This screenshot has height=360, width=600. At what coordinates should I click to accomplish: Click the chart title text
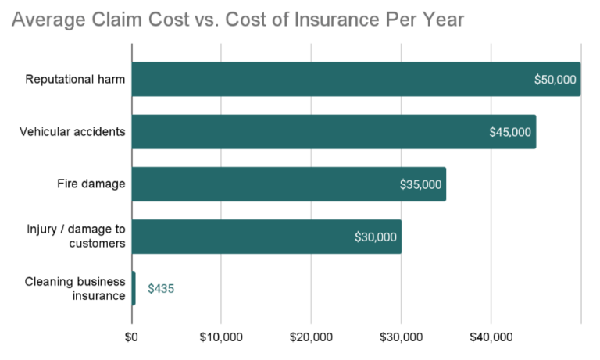pyautogui.click(x=237, y=20)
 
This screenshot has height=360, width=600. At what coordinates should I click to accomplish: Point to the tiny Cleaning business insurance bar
pyautogui.click(x=134, y=288)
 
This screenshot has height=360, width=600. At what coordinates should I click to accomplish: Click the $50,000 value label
pyautogui.click(x=555, y=80)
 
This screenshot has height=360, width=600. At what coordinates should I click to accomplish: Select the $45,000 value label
pyautogui.click(x=510, y=132)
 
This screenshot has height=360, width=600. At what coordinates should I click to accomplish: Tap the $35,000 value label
pyautogui.click(x=420, y=185)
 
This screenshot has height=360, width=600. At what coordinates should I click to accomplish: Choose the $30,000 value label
pyautogui.click(x=376, y=237)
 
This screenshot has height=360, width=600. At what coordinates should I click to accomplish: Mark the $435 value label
pyautogui.click(x=161, y=289)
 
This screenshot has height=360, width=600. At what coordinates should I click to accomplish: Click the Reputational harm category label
pyautogui.click(x=75, y=79)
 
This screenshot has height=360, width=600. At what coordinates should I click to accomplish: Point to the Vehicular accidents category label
pyautogui.click(x=72, y=131)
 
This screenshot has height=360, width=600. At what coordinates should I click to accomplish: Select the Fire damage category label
pyautogui.click(x=91, y=184)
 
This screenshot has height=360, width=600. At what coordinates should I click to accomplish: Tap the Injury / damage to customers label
pyautogui.click(x=76, y=236)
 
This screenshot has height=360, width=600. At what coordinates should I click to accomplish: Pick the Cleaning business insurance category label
pyautogui.click(x=75, y=288)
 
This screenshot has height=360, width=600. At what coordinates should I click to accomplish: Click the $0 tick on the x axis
pyautogui.click(x=131, y=337)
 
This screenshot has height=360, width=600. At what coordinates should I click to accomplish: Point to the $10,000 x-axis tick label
pyautogui.click(x=221, y=337)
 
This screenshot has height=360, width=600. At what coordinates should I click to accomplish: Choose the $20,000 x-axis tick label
pyautogui.click(x=311, y=337)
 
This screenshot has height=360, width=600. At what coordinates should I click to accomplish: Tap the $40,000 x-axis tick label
pyautogui.click(x=491, y=337)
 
